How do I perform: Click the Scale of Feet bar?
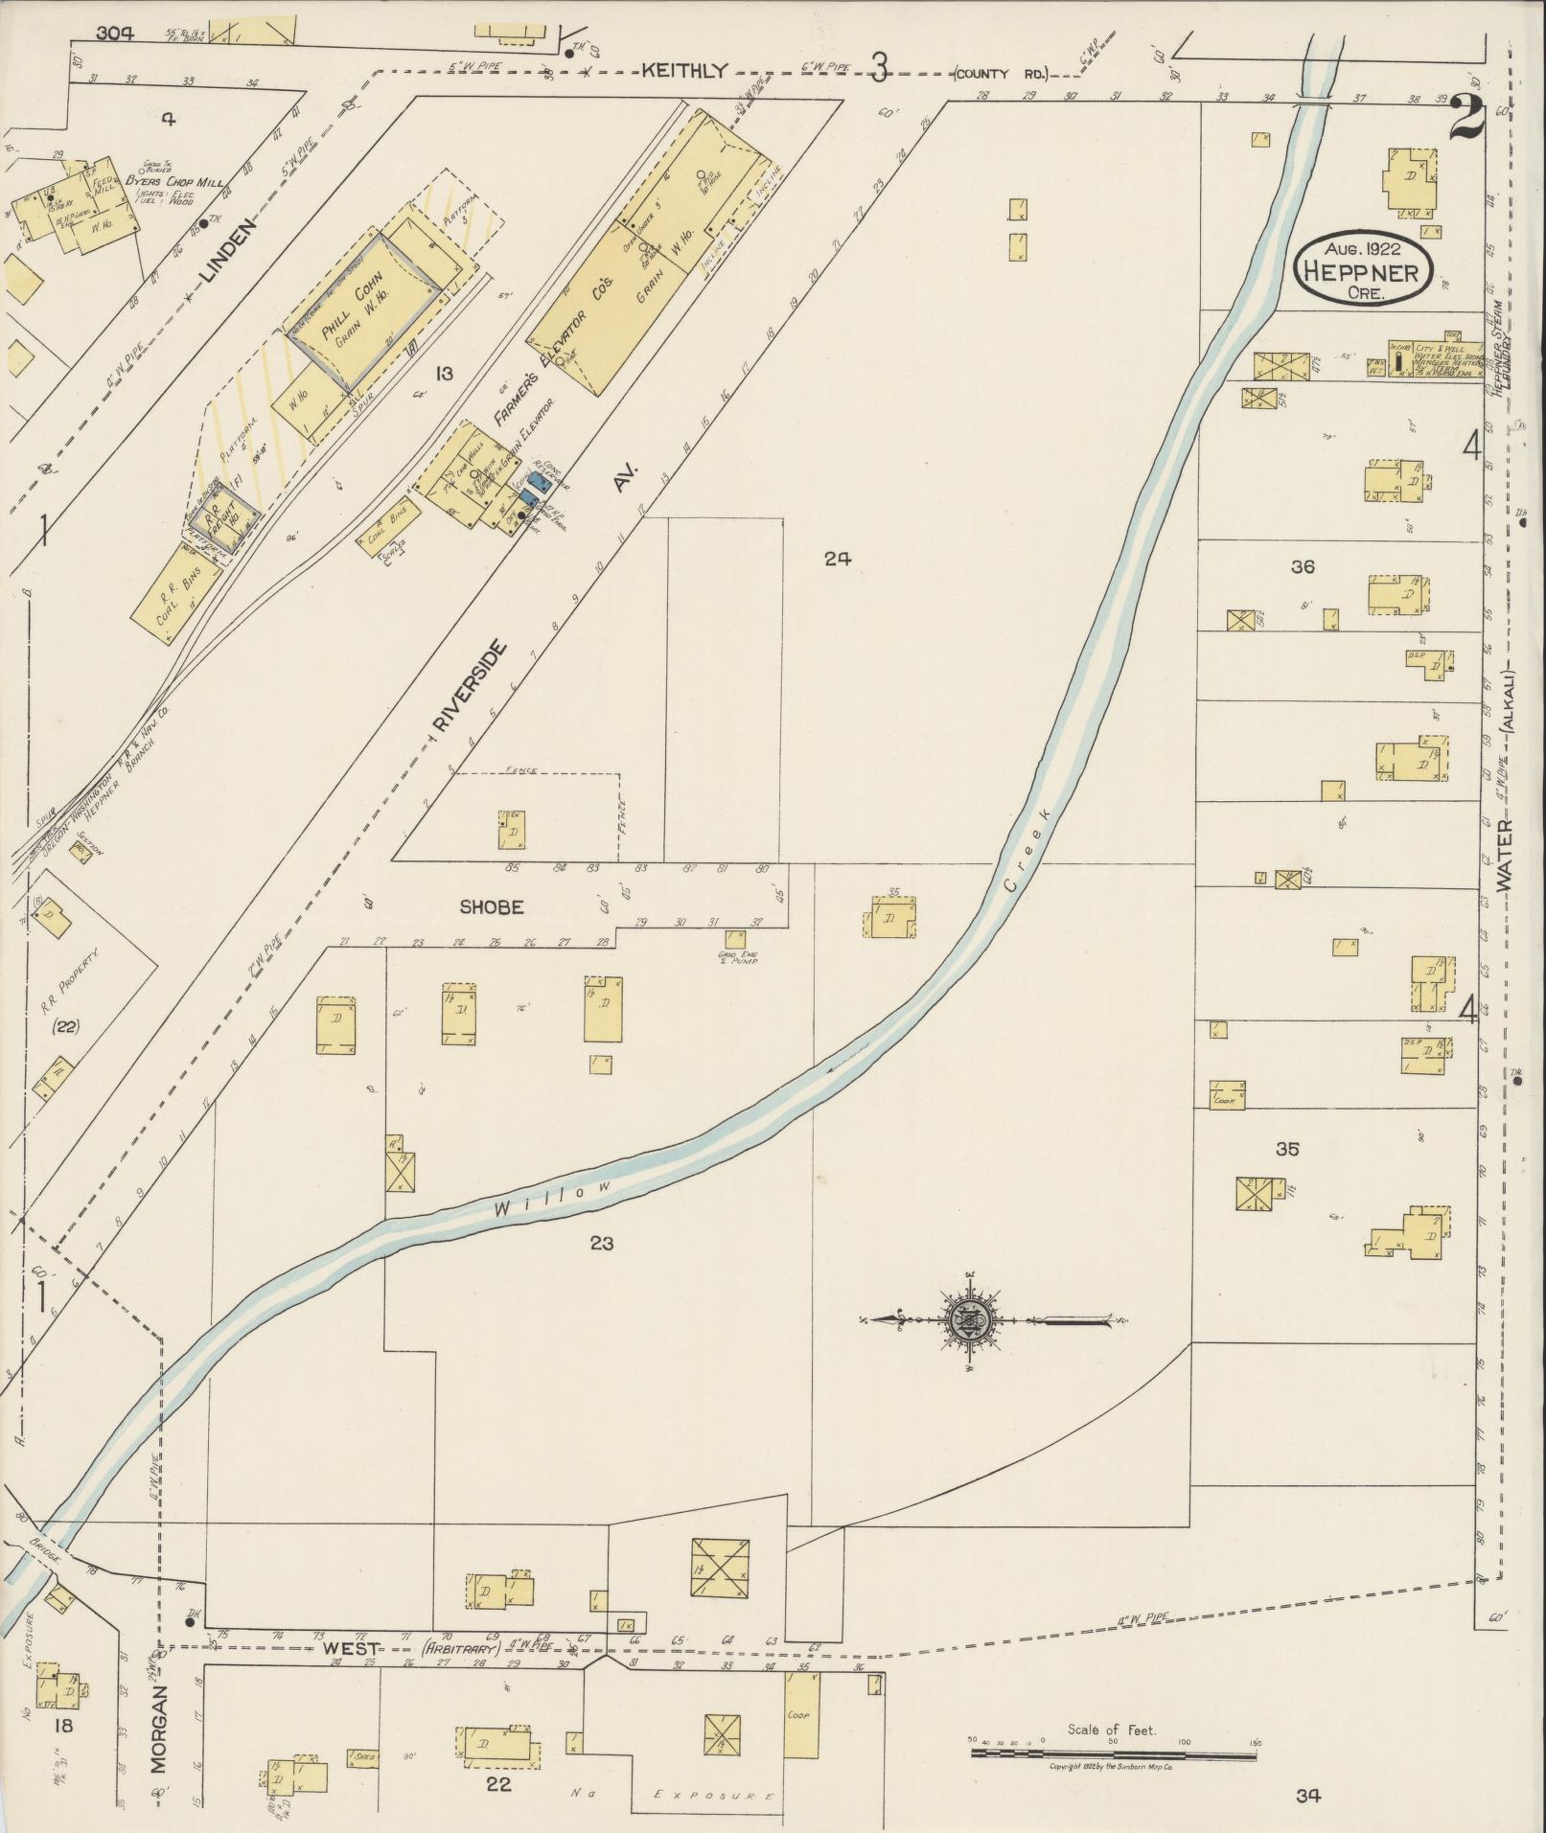click(x=1113, y=1754)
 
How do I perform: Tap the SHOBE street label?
click(x=491, y=906)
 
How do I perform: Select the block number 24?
click(x=837, y=560)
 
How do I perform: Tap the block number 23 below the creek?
click(x=602, y=1244)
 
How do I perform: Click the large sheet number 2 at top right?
click(x=1466, y=120)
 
